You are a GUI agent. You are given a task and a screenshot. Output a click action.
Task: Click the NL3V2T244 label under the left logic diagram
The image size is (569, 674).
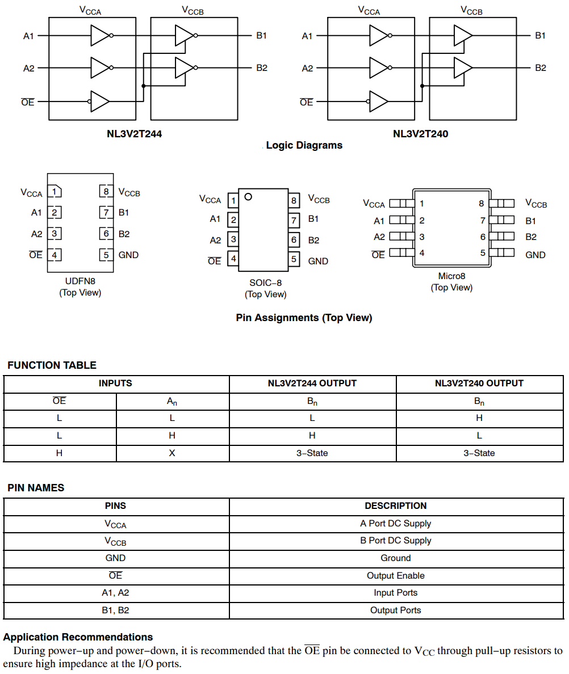click(134, 134)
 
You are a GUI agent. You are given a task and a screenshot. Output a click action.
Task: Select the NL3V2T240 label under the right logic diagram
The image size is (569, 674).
click(420, 134)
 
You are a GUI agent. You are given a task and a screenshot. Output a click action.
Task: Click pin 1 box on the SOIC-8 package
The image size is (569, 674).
click(233, 200)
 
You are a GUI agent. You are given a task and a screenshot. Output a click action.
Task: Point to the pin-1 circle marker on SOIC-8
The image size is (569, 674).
click(248, 197)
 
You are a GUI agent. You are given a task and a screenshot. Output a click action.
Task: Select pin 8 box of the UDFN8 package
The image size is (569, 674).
click(106, 191)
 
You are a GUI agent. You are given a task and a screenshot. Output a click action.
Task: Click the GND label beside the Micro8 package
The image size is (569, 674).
click(535, 255)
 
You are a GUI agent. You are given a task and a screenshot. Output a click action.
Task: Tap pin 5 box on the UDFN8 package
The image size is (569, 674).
click(106, 255)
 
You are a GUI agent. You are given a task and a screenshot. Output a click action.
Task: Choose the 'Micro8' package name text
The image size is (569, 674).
click(451, 276)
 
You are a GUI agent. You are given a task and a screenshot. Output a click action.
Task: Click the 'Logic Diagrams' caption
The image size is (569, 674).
click(304, 145)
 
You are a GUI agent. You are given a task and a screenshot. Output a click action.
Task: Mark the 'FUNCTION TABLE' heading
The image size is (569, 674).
click(52, 365)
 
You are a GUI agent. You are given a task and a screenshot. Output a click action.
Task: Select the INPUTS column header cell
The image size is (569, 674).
click(115, 384)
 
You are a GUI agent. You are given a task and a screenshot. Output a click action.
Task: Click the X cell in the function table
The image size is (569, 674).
click(172, 453)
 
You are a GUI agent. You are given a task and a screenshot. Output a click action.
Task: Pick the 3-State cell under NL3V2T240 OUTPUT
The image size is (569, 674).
click(479, 453)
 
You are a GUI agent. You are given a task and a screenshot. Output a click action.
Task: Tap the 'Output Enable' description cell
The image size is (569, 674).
click(395, 575)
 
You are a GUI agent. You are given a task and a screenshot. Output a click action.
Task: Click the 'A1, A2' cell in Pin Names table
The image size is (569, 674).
click(115, 593)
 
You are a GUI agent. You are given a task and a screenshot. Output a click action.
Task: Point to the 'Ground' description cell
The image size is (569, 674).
click(395, 558)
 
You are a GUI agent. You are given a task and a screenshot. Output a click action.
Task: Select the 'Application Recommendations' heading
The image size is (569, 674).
click(78, 637)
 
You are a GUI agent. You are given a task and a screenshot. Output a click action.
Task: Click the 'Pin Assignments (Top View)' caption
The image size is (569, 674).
click(304, 318)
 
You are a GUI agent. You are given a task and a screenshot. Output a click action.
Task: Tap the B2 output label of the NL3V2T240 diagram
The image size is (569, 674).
click(540, 68)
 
